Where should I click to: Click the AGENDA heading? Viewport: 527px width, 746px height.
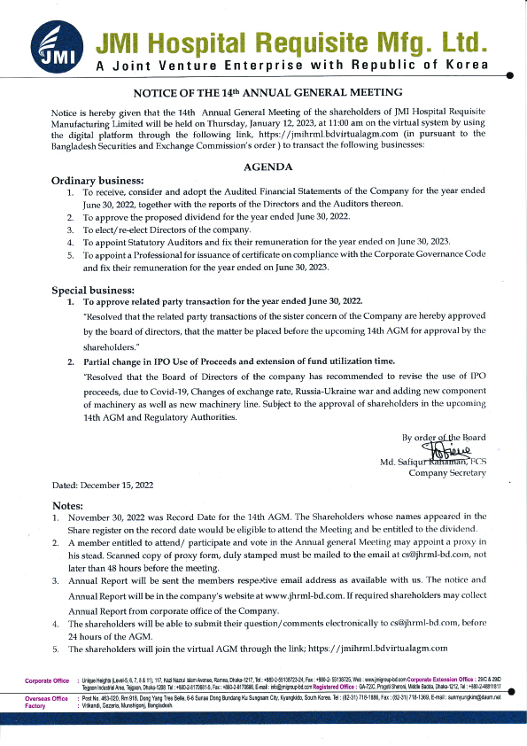pos(268,166)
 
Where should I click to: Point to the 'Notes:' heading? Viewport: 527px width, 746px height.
pos(69,504)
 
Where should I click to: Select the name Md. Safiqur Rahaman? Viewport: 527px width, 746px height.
pos(422,462)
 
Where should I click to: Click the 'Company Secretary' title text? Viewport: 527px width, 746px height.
pos(446,473)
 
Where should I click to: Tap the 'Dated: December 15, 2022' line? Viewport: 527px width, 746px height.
pos(103,485)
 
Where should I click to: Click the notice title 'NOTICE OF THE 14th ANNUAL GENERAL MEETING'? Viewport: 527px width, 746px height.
pos(267,92)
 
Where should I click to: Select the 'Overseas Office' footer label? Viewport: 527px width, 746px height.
pos(46,698)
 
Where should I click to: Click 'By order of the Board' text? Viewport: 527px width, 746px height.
pos(443,437)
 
